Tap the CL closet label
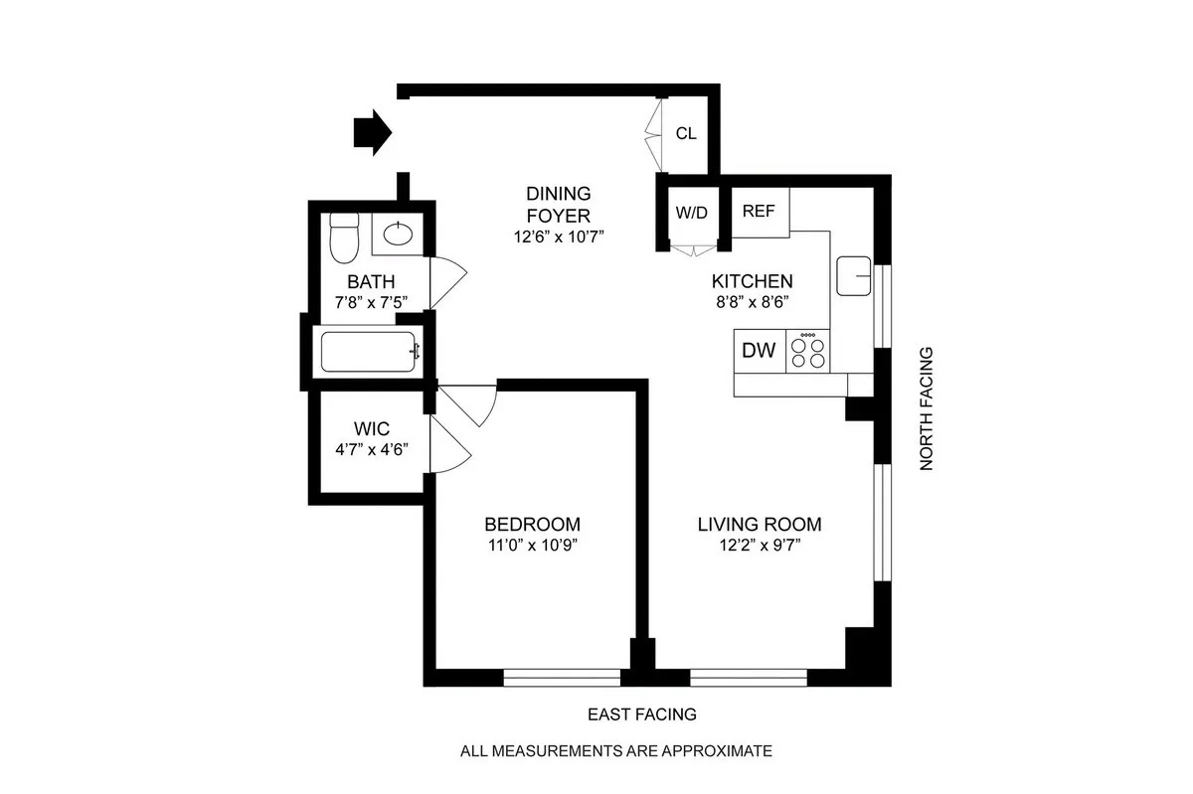point(686,133)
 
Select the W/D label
point(691,212)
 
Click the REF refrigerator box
point(760,212)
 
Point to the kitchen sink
point(853,275)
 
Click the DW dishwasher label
point(760,350)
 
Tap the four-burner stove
point(808,351)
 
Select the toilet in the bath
point(343,235)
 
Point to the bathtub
point(369,352)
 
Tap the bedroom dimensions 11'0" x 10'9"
point(532,545)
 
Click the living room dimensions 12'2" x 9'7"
point(759,545)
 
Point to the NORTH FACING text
point(927,408)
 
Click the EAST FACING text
point(641,715)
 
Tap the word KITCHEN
point(753,281)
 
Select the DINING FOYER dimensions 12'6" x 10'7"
point(558,237)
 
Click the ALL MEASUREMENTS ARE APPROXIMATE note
point(615,751)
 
